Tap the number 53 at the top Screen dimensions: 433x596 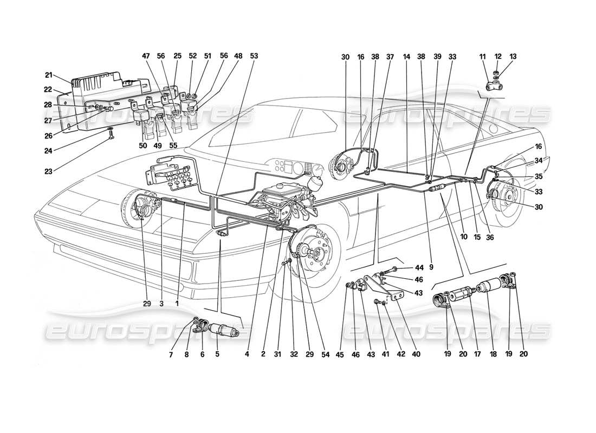pyautogui.click(x=254, y=56)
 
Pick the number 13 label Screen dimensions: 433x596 pyautogui.click(x=513, y=56)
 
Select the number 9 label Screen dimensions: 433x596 pyautogui.click(x=431, y=266)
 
